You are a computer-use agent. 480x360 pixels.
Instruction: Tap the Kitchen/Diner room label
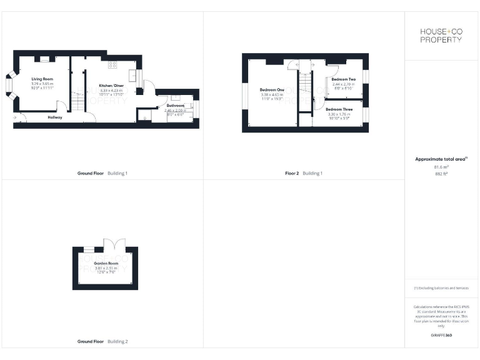(111, 86)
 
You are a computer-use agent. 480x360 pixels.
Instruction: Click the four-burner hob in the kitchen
(112, 64)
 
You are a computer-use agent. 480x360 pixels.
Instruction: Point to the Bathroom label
(176, 106)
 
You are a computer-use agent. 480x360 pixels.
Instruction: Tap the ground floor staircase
(77, 101)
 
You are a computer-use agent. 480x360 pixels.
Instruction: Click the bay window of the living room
(11, 84)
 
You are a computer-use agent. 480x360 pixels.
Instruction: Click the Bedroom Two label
(343, 80)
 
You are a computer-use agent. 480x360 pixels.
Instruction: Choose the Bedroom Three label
(339, 109)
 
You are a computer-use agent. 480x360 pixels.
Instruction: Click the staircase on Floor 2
(305, 81)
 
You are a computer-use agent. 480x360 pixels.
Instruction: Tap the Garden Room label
(106, 264)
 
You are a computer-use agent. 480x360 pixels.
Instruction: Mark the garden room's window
(89, 249)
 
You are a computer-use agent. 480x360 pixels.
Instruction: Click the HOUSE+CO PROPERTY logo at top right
(442, 36)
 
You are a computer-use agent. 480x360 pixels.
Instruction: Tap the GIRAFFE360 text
(442, 336)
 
